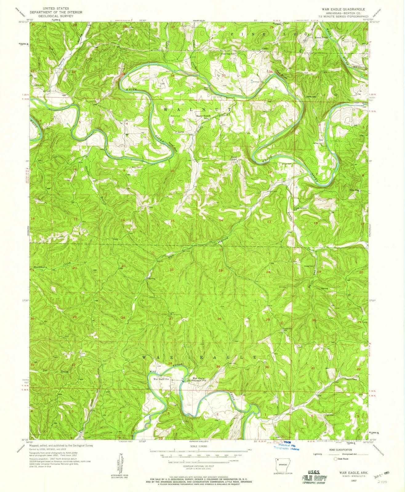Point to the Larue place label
click(181, 132)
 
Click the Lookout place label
click(287, 328)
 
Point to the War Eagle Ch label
click(162, 379)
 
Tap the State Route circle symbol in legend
click(336, 458)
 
